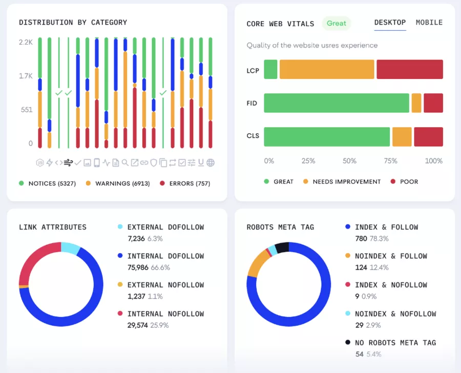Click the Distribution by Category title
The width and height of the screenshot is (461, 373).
tap(73, 23)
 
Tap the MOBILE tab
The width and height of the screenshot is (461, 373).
tap(429, 23)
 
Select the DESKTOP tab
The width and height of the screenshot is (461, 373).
tap(390, 23)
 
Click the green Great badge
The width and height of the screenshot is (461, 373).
tap(337, 23)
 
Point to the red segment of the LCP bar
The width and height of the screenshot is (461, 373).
tap(409, 69)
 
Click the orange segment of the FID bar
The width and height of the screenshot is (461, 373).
tap(416, 103)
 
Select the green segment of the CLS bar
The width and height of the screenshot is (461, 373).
tap(327, 137)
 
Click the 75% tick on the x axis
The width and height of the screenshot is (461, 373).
tap(390, 161)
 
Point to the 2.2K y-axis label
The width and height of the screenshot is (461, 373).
tap(26, 42)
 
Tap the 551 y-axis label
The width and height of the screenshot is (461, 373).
tap(27, 110)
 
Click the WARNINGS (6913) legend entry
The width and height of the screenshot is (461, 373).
tap(117, 183)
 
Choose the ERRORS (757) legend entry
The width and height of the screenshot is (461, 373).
tap(185, 183)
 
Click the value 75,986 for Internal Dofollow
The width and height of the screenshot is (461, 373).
tap(138, 267)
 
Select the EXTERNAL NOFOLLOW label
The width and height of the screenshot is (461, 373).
tap(165, 285)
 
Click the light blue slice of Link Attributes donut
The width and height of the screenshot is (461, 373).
tap(70, 248)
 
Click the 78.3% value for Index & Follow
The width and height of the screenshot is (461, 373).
tap(379, 239)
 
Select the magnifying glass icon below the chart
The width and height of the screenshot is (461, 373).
tap(125, 163)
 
